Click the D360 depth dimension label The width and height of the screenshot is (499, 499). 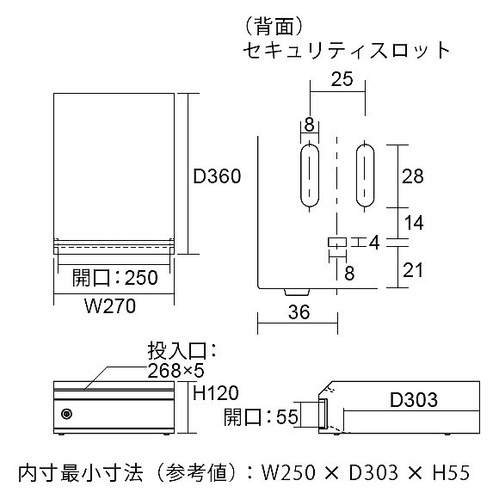click(x=217, y=176)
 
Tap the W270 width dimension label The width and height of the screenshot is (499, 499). click(x=110, y=306)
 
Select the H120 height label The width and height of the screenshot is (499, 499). click(x=215, y=392)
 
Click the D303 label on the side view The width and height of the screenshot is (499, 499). click(x=414, y=400)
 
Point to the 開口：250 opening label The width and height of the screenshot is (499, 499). click(x=115, y=278)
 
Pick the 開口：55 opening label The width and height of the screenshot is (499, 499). click(x=261, y=416)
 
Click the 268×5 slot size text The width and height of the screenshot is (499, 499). click(x=176, y=371)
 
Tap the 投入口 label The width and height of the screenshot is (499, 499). click(x=182, y=351)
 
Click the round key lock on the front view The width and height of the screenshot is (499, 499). click(x=66, y=414)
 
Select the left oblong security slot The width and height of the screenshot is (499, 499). click(x=310, y=176)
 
